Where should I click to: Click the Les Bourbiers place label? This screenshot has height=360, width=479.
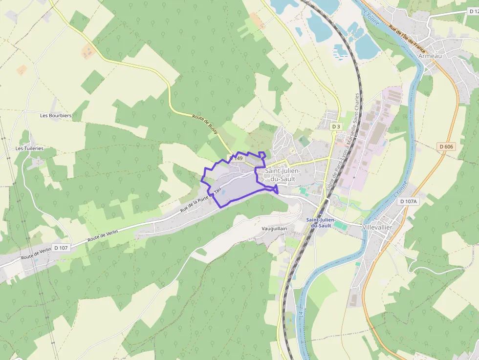pyautogui.click(x=56, y=116)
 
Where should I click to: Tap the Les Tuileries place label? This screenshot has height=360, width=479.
pyautogui.click(x=29, y=148)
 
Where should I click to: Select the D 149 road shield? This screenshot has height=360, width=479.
pyautogui.click(x=236, y=158)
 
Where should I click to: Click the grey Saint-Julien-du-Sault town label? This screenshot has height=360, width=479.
pyautogui.click(x=283, y=175)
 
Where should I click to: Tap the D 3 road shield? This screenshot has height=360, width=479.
pyautogui.click(x=336, y=127)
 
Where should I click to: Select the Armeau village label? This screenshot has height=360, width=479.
pyautogui.click(x=430, y=56)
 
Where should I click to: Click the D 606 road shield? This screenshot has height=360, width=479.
pyautogui.click(x=446, y=146)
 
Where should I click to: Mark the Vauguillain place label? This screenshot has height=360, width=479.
pyautogui.click(x=274, y=229)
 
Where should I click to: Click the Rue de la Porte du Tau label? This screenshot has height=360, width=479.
pyautogui.click(x=201, y=201)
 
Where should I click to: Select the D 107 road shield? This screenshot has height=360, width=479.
pyautogui.click(x=61, y=248)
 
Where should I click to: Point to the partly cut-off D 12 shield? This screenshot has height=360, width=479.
pyautogui.click(x=473, y=11)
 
